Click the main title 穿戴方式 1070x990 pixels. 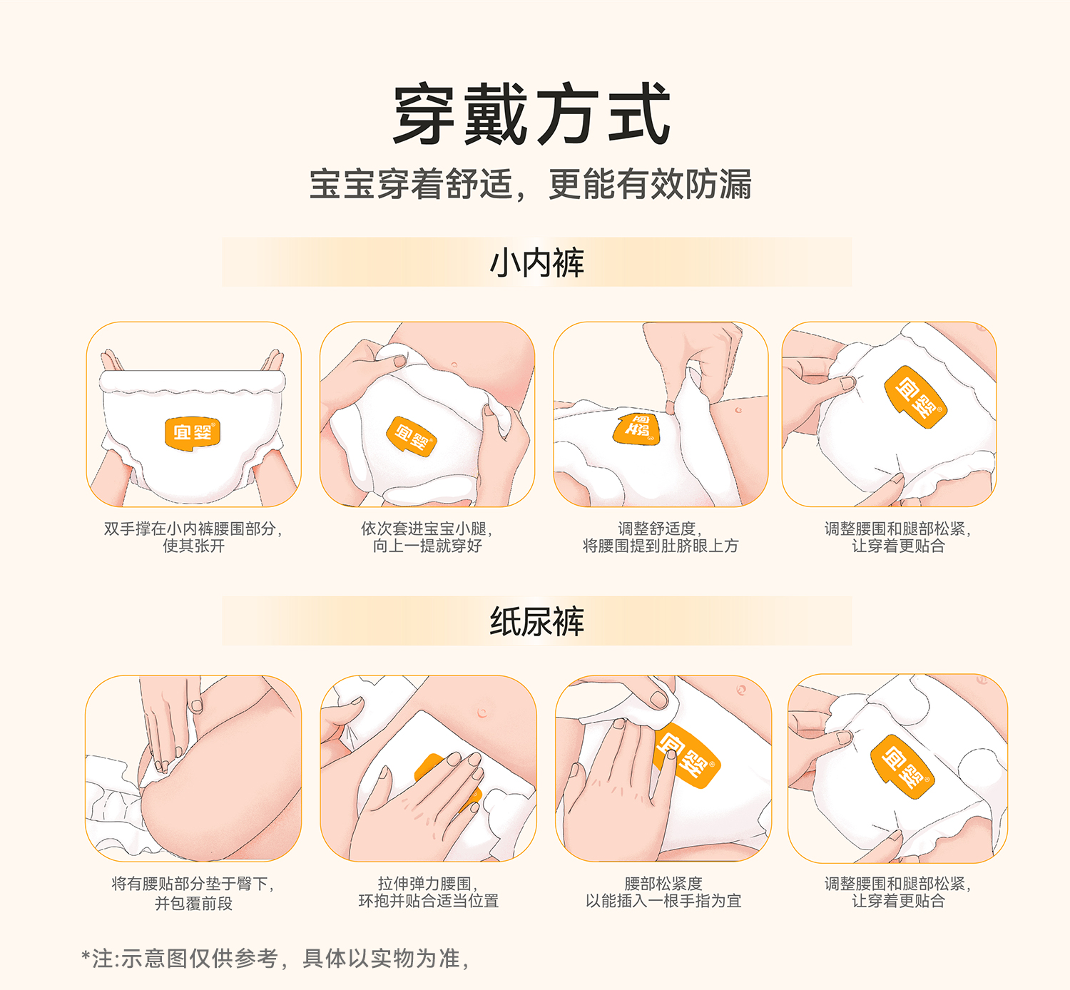531,113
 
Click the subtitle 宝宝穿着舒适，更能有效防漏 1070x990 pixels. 531,184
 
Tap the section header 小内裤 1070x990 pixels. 536,262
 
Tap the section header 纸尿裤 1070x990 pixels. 536,621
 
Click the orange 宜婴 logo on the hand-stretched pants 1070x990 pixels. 193,432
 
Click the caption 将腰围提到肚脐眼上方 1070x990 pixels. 661,546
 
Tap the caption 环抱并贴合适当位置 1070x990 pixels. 429,901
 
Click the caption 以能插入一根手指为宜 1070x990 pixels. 664,901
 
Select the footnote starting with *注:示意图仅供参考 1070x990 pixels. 275,958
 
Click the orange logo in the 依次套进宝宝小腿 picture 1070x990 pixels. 412,437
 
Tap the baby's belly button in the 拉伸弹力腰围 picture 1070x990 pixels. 481,713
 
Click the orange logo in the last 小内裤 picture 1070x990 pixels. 916,397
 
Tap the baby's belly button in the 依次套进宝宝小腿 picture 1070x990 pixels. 454,365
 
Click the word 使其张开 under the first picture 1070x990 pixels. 193,546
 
